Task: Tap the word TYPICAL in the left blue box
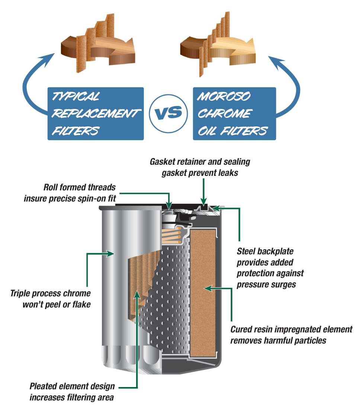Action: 76,97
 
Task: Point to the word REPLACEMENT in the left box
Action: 96,113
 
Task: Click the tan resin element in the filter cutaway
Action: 203,290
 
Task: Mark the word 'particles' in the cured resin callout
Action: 309,340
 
